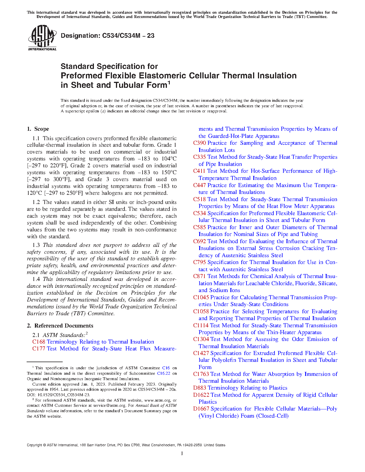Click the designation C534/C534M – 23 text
(x=108, y=36)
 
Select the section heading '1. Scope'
(x=38, y=129)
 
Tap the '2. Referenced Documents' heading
(x=60, y=326)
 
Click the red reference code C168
(x=39, y=342)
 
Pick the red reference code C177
(x=39, y=349)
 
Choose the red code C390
(x=200, y=143)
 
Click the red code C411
(x=199, y=171)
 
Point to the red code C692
(x=200, y=241)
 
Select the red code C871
(x=200, y=276)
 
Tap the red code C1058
(x=201, y=312)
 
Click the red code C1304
(x=201, y=339)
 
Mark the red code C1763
(x=201, y=374)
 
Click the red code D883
(x=200, y=388)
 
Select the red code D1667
(x=201, y=409)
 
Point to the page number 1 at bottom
(x=182, y=453)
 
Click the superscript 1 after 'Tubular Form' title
(x=169, y=83)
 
